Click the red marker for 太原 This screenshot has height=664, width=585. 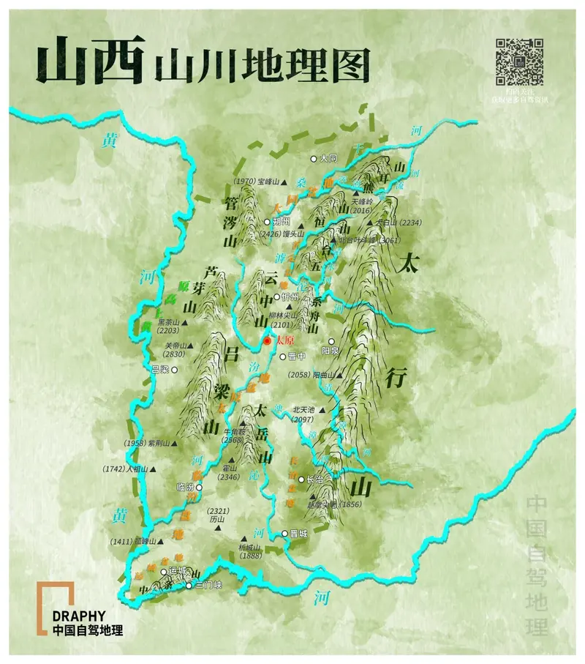tap(268, 341)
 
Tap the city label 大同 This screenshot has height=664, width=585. tap(328, 158)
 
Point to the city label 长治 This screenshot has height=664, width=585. tap(314, 480)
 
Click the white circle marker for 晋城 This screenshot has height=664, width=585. tap(285, 534)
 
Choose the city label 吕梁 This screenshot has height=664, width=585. tap(160, 370)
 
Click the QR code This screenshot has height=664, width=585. tap(519, 61)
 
